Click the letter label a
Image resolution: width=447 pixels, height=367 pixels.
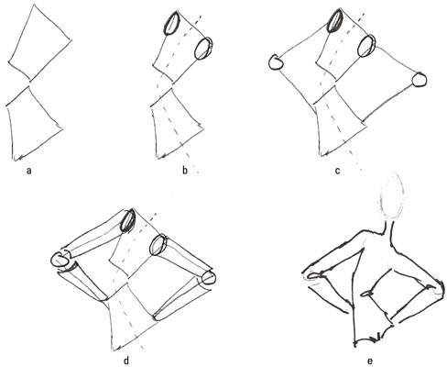coord(29,171)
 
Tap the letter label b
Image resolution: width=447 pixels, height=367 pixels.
coord(185,170)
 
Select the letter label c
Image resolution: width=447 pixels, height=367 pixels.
coord(337,171)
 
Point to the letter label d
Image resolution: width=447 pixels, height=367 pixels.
coord(126,361)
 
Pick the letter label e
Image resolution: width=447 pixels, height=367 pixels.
coord(370,361)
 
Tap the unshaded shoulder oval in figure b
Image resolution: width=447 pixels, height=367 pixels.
coord(203,49)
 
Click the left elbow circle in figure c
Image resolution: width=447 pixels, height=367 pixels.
coord(276,62)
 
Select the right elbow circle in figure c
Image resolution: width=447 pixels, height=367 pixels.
coord(420,80)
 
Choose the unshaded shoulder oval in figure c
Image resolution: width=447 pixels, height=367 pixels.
coord(366,46)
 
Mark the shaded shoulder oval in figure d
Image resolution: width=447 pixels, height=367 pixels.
coord(127,220)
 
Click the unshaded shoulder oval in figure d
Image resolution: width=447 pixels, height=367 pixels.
coord(158,245)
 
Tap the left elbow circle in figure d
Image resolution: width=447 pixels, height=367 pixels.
coord(60,261)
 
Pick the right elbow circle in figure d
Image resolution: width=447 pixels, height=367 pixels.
coord(209,278)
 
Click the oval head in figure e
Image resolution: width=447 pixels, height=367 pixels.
coord(391,195)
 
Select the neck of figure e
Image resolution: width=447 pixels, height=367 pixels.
coord(387,230)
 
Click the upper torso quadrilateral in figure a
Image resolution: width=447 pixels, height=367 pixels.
coord(39,43)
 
